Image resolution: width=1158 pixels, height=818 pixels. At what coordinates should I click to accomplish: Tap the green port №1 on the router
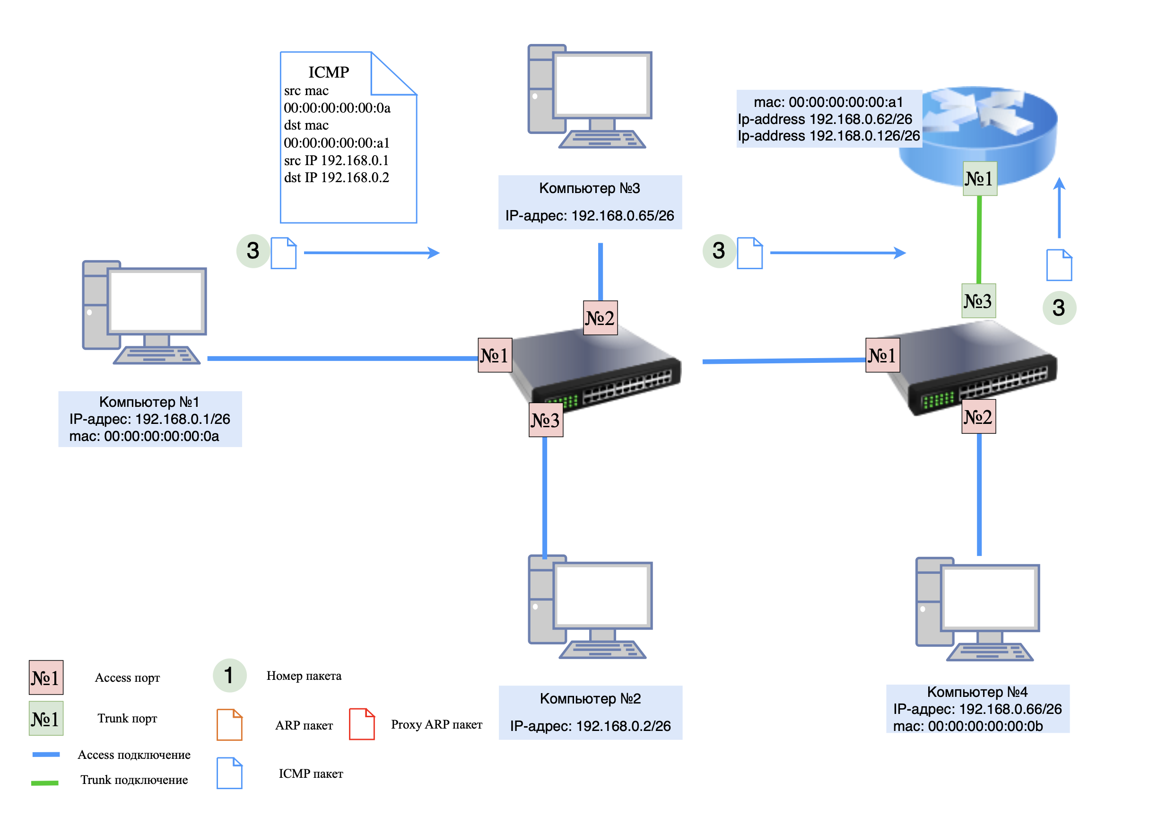[979, 179]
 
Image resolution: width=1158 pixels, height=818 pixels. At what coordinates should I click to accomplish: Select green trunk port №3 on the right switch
[978, 301]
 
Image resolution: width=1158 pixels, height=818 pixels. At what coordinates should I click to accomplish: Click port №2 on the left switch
[600, 318]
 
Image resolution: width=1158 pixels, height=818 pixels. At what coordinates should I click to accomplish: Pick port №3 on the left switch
[545, 420]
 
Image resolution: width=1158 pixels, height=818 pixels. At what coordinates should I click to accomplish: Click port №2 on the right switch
[978, 417]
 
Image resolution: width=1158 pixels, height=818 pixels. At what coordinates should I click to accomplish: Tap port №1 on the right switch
[882, 355]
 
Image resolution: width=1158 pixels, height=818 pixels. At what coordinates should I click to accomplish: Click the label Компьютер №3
[589, 189]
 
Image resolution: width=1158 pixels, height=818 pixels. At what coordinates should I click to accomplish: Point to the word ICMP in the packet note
[328, 73]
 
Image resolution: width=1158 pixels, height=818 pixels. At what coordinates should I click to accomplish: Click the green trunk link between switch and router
[978, 240]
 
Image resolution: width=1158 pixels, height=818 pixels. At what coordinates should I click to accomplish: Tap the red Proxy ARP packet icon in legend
[362, 725]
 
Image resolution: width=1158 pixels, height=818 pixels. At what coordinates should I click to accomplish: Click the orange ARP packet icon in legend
[229, 725]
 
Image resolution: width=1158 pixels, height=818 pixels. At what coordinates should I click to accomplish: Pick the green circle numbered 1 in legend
[229, 676]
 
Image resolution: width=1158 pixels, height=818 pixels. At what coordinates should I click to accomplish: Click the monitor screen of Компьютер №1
[157, 301]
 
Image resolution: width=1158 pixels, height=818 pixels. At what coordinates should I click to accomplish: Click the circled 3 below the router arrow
[1059, 308]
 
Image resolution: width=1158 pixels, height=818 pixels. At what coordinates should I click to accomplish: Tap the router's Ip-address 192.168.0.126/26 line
[828, 136]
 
